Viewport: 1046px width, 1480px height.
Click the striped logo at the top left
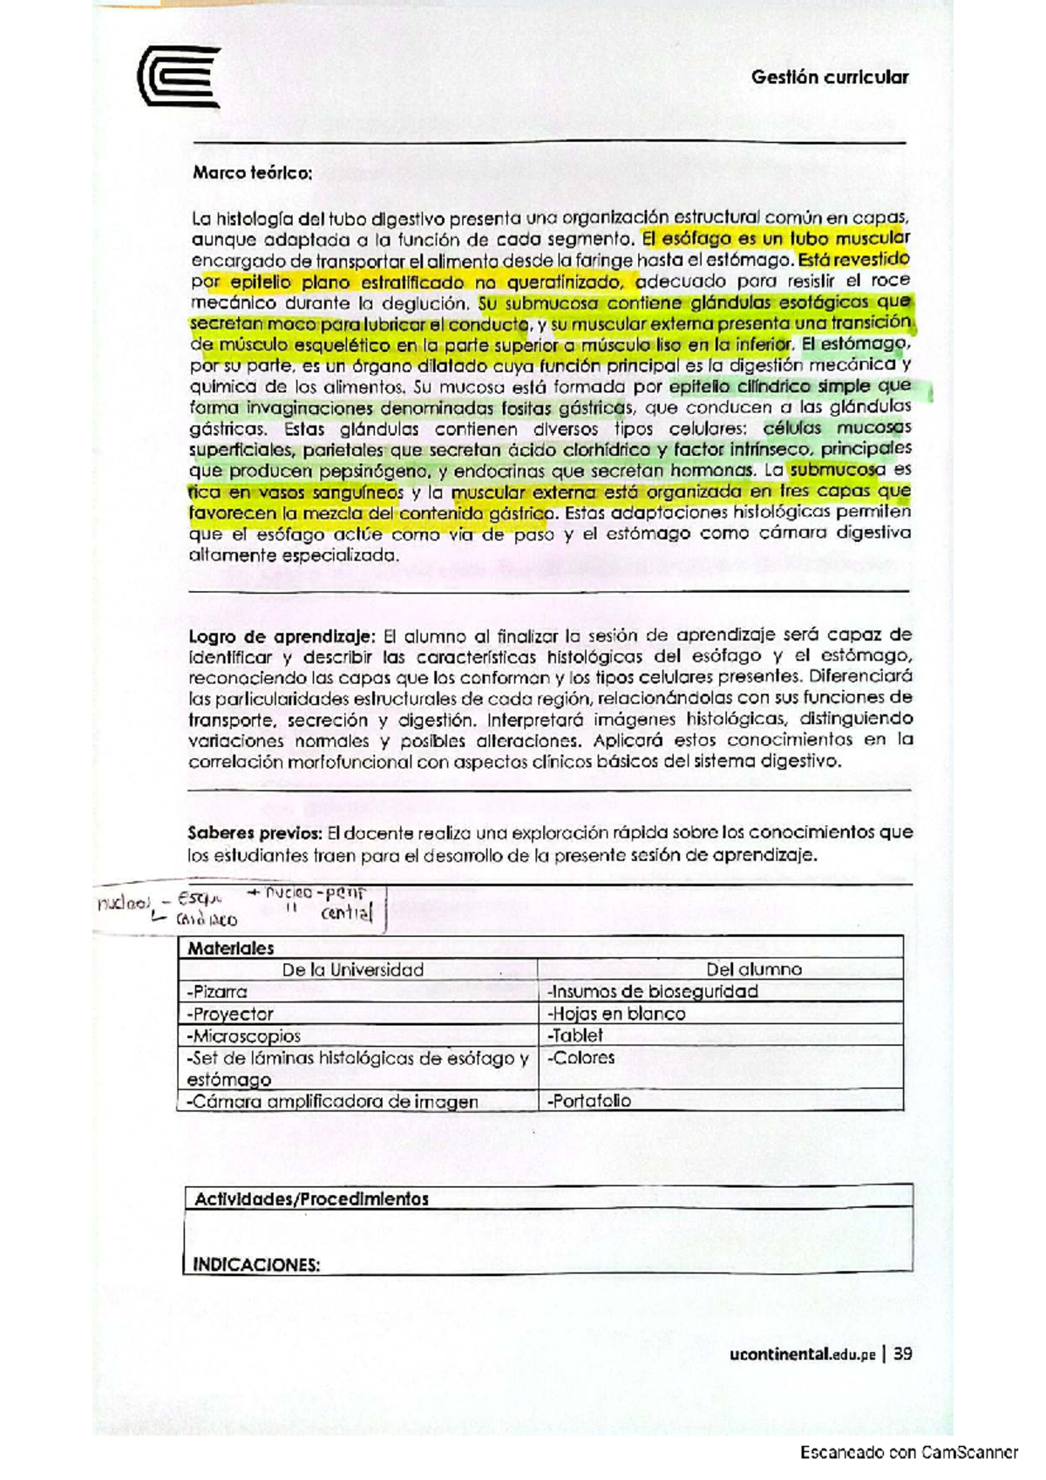(178, 77)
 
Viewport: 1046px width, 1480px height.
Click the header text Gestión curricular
(829, 77)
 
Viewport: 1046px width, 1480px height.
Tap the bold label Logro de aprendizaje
(282, 635)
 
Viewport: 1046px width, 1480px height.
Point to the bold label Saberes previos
(255, 832)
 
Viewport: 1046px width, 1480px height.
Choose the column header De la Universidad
(352, 969)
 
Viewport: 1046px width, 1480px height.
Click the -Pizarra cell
(217, 991)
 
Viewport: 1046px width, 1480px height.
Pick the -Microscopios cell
(243, 1035)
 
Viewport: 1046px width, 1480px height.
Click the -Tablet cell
(574, 1035)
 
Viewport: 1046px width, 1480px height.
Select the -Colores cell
(581, 1058)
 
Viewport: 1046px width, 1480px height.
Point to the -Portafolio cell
(589, 1101)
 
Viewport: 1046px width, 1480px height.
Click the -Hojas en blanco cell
(615, 1014)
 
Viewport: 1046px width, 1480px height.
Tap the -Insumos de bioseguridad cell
(652, 991)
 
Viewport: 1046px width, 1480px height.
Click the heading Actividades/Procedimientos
(311, 1199)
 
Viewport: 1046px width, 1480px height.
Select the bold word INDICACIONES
(255, 1265)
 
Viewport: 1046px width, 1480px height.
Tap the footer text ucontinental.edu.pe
(803, 1354)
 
